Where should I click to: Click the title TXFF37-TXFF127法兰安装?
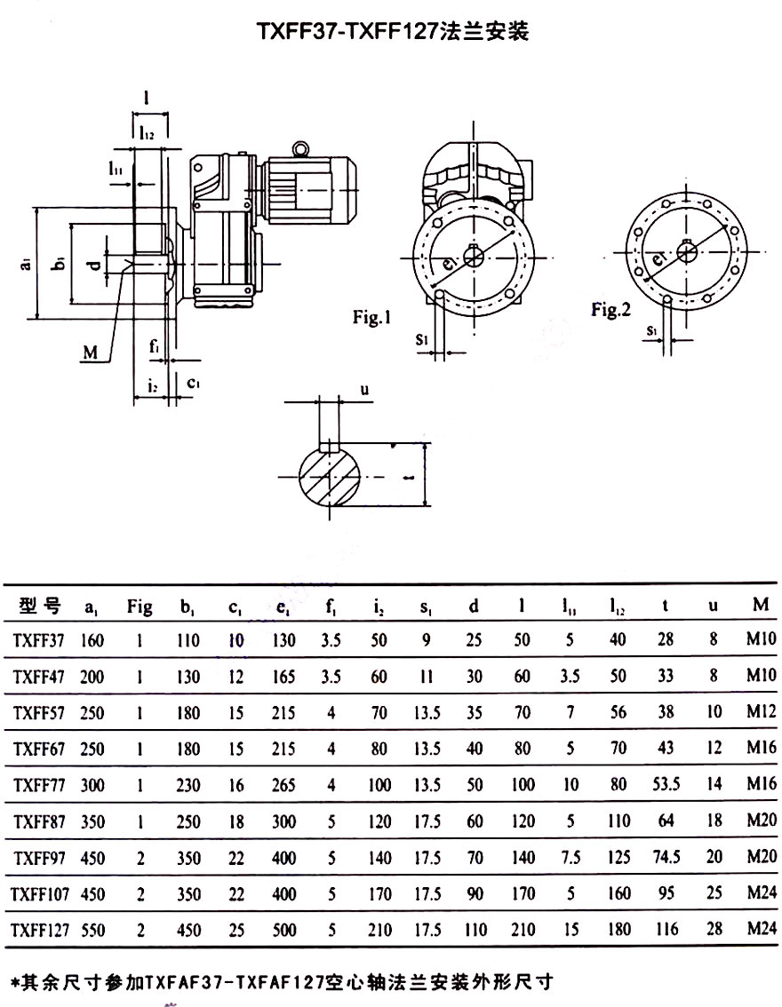[x=392, y=33]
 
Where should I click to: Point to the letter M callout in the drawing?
[x=89, y=353]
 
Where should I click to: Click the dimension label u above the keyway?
[x=365, y=390]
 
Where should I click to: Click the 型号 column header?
[x=38, y=607]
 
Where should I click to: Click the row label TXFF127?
[x=40, y=930]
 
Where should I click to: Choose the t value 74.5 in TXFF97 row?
[x=666, y=857]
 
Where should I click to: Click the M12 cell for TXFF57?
[x=762, y=713]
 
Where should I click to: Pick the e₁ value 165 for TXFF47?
[x=284, y=677]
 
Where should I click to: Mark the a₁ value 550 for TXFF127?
[x=92, y=930]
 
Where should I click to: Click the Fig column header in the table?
[x=140, y=607]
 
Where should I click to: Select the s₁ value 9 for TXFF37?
[x=426, y=639]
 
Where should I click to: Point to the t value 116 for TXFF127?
[x=666, y=930]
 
